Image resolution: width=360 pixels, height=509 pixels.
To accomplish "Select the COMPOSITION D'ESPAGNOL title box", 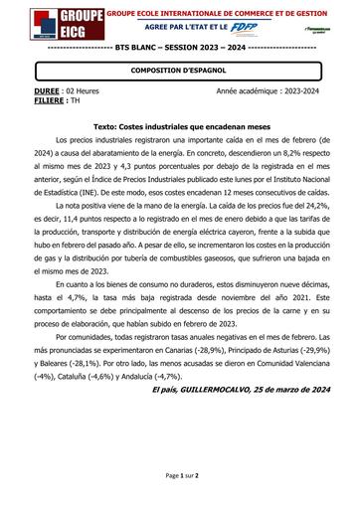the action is point(179,71).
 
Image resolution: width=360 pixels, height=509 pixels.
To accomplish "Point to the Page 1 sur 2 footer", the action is point(180,476).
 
